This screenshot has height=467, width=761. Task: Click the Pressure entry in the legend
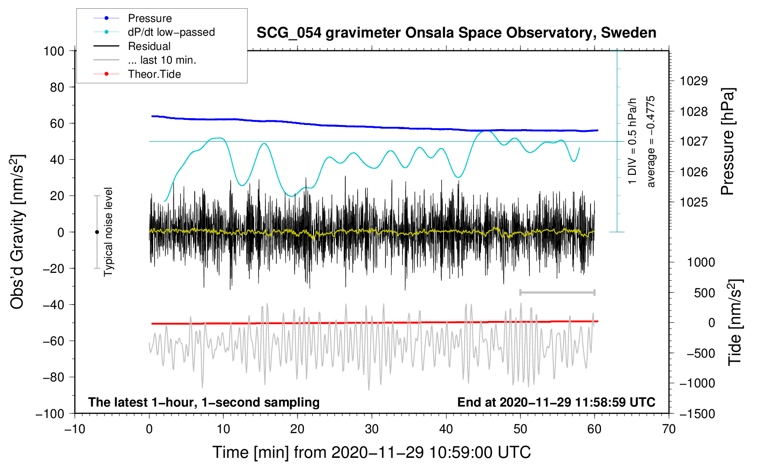(132, 18)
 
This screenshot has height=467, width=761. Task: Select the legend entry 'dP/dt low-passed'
(154, 32)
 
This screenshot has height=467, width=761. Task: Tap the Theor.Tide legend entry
(137, 74)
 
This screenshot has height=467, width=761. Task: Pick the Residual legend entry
(132, 46)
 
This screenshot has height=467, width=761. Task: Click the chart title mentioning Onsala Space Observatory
(456, 33)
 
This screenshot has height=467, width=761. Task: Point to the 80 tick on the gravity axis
(57, 87)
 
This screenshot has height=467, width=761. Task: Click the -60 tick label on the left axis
(53, 341)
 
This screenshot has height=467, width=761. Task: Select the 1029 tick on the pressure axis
(694, 81)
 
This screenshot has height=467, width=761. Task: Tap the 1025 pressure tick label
(694, 202)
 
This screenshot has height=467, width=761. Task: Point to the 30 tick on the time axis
(372, 429)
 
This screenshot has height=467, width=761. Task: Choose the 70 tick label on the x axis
(668, 429)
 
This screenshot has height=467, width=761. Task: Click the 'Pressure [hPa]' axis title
(728, 141)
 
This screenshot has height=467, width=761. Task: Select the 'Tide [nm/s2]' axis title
(735, 322)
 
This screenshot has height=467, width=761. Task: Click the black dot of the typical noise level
(97, 232)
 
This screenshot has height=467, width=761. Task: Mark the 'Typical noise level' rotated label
(108, 232)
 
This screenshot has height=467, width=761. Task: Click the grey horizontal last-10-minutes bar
(557, 292)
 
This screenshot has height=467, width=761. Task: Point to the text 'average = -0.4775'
(651, 141)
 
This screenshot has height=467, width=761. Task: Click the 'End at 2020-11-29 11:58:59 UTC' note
(556, 402)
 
